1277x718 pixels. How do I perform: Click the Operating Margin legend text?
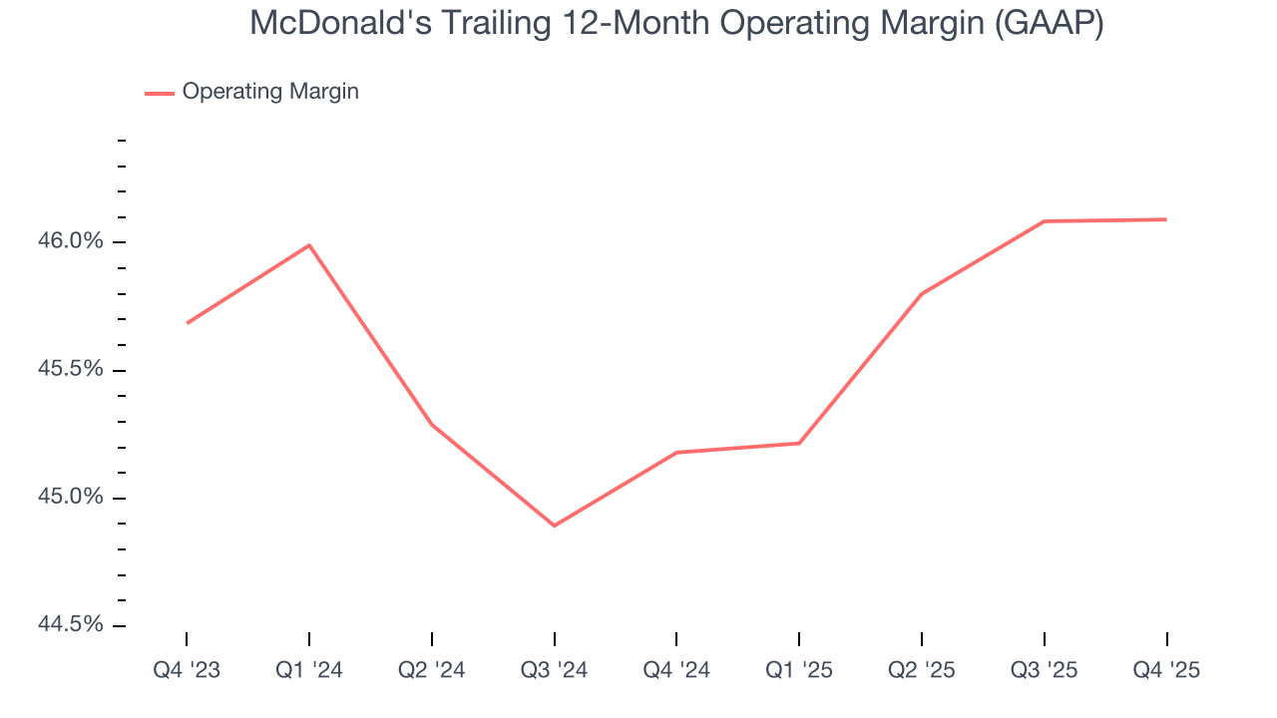pos(270,92)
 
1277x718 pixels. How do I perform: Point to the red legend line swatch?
pos(160,93)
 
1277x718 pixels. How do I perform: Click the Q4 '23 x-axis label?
pos(187,670)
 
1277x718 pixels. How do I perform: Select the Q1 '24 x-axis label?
pos(309,670)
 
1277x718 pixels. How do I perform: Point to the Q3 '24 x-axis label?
pos(554,670)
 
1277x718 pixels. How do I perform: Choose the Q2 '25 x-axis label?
pos(921,670)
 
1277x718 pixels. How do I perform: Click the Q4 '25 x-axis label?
pos(1166,670)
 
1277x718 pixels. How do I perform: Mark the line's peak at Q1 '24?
pos(309,244)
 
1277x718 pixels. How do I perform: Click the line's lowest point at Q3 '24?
pos(554,526)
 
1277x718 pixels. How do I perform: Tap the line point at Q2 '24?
pos(432,425)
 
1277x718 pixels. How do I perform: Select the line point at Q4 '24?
pos(676,453)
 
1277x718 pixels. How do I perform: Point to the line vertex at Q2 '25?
pos(921,294)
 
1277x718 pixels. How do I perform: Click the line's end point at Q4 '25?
pos(1166,219)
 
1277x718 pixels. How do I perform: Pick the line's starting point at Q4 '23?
pos(187,323)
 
